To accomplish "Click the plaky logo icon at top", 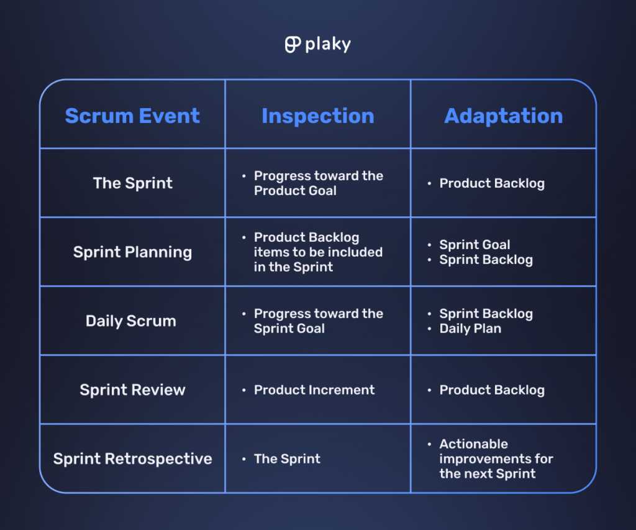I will click(x=293, y=45).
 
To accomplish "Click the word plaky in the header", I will click(x=328, y=45).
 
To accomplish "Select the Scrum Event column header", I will click(x=132, y=116).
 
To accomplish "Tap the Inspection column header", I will click(x=317, y=116).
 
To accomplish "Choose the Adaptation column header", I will click(x=503, y=116).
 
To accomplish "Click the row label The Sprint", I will click(x=133, y=183).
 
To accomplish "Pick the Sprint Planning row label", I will click(x=132, y=252).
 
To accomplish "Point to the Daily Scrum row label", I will click(x=131, y=321).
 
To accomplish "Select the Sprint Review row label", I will click(x=132, y=390).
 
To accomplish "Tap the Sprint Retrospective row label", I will click(x=132, y=459).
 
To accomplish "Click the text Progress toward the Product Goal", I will click(x=318, y=183).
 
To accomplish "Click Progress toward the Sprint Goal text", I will click(x=318, y=321).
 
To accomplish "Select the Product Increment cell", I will click(x=314, y=390).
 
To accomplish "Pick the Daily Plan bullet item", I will click(x=470, y=329).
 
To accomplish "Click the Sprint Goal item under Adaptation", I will click(x=475, y=245).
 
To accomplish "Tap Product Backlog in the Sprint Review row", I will click(x=492, y=390).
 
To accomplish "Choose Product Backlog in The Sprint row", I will click(x=492, y=183).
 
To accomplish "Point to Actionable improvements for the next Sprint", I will click(x=496, y=459).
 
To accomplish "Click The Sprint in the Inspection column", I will click(x=287, y=459).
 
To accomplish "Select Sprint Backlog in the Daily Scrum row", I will click(x=486, y=314).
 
